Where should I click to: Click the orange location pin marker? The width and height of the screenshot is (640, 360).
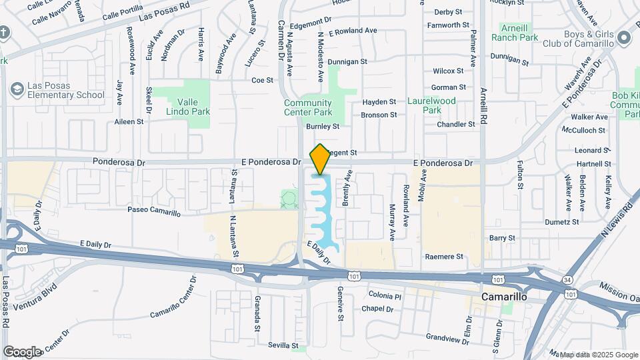320,159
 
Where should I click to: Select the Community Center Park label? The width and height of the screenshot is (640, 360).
307,107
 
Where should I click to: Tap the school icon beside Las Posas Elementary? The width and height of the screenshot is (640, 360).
17,89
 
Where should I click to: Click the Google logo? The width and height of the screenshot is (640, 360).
23,351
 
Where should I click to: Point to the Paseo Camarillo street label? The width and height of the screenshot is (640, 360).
155,212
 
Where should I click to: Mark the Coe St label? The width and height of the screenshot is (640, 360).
263,80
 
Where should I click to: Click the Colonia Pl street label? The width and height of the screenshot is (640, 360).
385,296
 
